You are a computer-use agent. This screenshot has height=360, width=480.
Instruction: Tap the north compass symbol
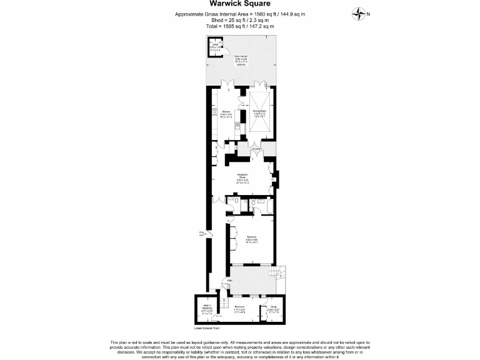(x=359, y=14)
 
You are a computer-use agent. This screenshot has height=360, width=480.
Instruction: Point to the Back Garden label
(x=241, y=60)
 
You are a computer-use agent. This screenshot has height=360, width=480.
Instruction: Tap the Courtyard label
(x=256, y=149)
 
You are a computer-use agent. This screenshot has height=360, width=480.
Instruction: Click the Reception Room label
(x=242, y=177)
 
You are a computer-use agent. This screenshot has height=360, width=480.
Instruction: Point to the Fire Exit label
(x=202, y=234)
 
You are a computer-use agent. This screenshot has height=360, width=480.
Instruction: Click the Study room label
(x=273, y=307)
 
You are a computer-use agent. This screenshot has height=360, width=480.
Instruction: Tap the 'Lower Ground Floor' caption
(x=207, y=327)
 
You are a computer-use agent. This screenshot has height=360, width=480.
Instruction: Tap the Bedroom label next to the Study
(x=239, y=307)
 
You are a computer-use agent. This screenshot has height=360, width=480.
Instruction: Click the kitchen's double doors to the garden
(x=229, y=84)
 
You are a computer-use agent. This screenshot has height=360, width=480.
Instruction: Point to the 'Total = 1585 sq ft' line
(x=240, y=26)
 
